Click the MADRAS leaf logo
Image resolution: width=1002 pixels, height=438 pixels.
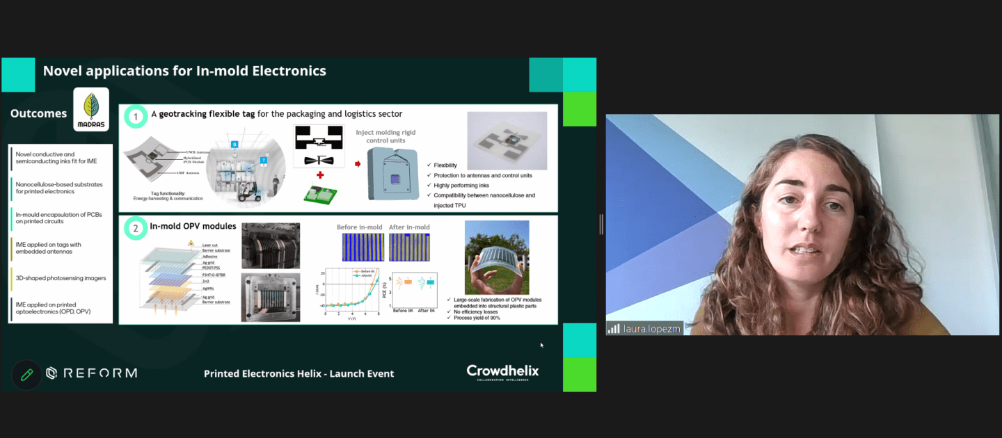pos(91,109)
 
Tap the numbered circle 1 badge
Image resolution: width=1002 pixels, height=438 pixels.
pos(136,116)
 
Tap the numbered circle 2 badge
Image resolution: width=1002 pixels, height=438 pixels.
pos(136,227)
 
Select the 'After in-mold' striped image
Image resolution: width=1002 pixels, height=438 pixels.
pos(408,247)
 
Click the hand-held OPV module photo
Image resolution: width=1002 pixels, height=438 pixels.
pos(497,257)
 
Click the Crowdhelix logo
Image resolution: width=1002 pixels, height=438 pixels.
pos(502,372)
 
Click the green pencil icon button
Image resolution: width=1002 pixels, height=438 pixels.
pos(26,375)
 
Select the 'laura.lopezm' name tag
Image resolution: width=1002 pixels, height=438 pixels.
pos(644,328)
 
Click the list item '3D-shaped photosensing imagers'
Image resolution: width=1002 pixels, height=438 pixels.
pos(61,278)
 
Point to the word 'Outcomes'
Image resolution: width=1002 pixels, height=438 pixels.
pos(39,113)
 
